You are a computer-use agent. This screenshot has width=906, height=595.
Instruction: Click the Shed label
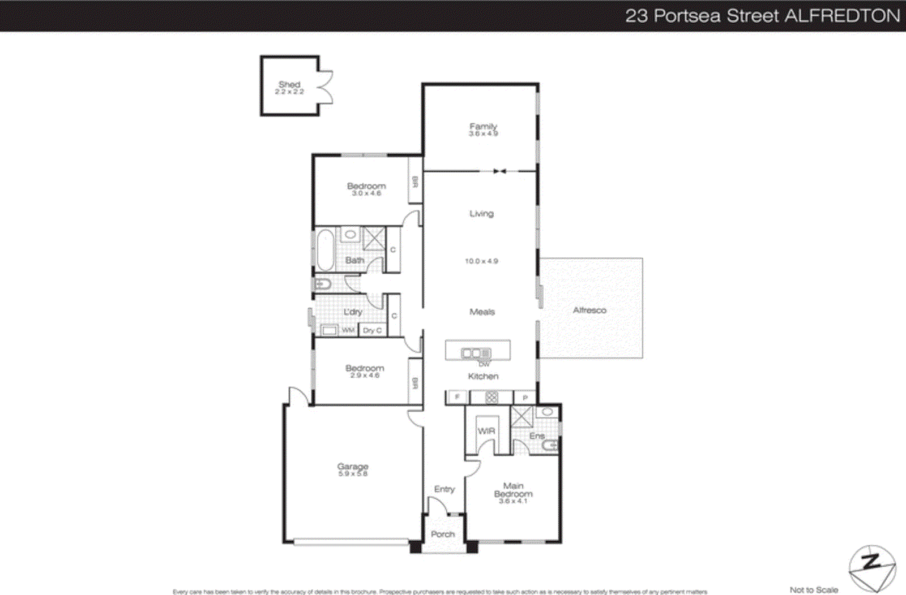click(x=289, y=84)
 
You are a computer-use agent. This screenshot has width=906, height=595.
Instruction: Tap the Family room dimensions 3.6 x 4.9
click(x=483, y=134)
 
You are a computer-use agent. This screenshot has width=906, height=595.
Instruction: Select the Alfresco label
click(x=589, y=311)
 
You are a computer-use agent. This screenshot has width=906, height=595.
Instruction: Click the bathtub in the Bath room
click(x=325, y=249)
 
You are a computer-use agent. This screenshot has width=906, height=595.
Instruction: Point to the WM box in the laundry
click(x=348, y=330)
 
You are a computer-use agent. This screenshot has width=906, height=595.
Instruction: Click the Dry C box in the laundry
click(x=373, y=330)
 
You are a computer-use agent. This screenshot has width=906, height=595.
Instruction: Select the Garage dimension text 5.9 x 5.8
click(x=353, y=474)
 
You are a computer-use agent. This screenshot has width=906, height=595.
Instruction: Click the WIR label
click(x=486, y=431)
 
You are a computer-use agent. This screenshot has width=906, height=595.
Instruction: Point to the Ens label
click(x=537, y=436)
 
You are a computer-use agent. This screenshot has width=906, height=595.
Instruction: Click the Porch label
click(x=443, y=534)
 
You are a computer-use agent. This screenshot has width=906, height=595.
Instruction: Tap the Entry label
click(x=445, y=489)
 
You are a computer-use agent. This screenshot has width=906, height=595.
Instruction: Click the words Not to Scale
click(x=814, y=590)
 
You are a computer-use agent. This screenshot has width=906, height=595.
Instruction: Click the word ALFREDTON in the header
click(x=842, y=16)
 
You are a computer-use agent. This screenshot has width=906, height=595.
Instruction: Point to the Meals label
click(x=482, y=312)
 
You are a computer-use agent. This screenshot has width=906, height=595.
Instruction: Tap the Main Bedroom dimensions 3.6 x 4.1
click(x=513, y=501)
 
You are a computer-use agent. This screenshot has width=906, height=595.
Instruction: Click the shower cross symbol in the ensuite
click(x=522, y=417)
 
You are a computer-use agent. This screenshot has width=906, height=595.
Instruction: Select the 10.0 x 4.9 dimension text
click(x=481, y=261)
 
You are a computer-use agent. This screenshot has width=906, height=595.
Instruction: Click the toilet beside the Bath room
click(x=323, y=284)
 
